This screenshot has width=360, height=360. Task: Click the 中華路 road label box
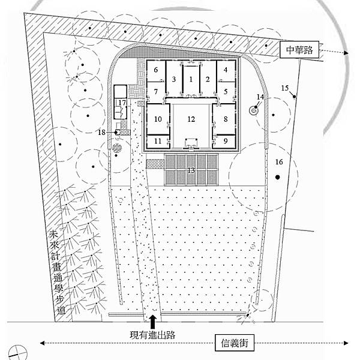299,49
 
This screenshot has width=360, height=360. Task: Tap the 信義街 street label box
235,343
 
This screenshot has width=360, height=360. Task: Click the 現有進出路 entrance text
152,335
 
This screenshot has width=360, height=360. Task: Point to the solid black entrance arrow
153,320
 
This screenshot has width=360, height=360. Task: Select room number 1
191,79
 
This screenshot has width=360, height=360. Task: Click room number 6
156,70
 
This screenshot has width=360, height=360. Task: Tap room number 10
158,119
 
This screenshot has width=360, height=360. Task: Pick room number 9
225,141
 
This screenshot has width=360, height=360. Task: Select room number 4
226,70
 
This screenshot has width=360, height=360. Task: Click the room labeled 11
158,141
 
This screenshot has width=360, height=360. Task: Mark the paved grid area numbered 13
191,169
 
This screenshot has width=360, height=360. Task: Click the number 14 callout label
260,97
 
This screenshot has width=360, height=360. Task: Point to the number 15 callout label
284,88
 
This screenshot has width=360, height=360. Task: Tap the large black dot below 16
278,177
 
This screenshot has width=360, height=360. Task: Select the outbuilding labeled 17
121,102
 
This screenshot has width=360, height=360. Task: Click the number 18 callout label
101,132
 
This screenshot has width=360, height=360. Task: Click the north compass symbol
17,352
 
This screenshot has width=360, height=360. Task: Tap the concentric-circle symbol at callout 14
254,111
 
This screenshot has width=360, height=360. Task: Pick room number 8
226,119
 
